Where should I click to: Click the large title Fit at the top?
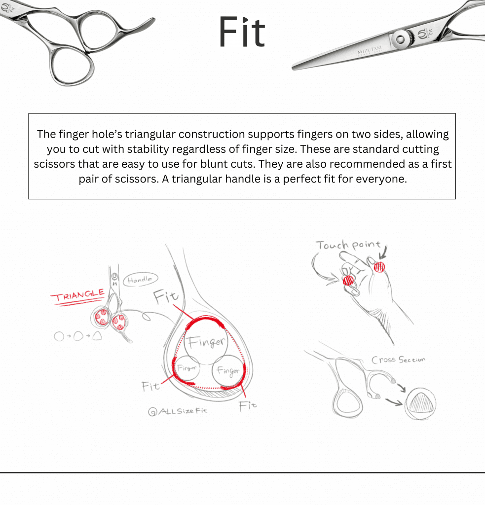pyautogui.click(x=242, y=32)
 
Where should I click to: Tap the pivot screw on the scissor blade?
pyautogui.click(x=401, y=39)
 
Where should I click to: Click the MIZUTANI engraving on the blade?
pyautogui.click(x=370, y=50)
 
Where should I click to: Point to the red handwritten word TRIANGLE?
pyautogui.click(x=78, y=295)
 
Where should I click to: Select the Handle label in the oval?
pyautogui.click(x=140, y=280)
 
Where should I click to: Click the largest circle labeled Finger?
pyautogui.click(x=206, y=342)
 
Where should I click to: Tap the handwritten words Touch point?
pyautogui.click(x=348, y=246)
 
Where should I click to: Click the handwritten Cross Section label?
pyautogui.click(x=398, y=360)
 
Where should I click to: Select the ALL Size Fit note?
pyautogui.click(x=178, y=411)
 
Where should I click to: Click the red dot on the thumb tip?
pyautogui.click(x=379, y=267)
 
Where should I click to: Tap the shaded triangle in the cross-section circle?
pyautogui.click(x=420, y=402)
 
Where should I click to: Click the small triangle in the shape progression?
pyautogui.click(x=97, y=336)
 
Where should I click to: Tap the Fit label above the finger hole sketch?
pyautogui.click(x=166, y=296)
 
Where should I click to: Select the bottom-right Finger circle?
pyautogui.click(x=228, y=371)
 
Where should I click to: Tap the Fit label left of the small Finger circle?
pyautogui.click(x=150, y=386)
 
